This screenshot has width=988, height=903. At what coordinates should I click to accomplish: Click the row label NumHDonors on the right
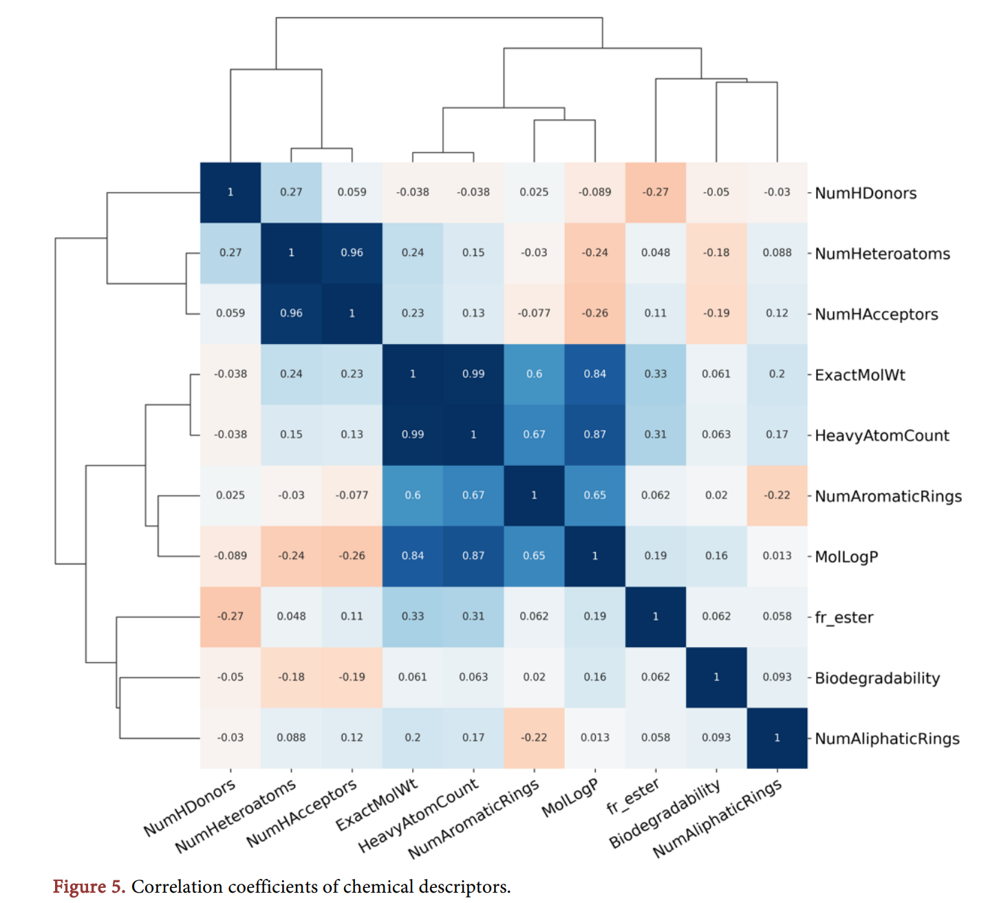click(865, 193)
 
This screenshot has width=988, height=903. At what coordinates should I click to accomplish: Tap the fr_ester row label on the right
click(844, 617)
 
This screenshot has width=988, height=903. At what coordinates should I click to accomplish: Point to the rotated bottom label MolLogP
click(570, 798)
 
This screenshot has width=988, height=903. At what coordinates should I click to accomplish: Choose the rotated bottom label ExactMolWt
click(377, 805)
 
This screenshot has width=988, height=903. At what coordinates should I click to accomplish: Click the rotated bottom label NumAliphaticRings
click(717, 819)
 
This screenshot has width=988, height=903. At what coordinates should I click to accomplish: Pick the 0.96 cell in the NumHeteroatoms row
click(352, 253)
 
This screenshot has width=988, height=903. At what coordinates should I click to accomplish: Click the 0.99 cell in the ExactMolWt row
click(473, 374)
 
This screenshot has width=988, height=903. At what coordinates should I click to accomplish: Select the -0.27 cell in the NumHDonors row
click(656, 192)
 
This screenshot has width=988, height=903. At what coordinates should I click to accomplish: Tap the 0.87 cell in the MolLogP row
click(473, 555)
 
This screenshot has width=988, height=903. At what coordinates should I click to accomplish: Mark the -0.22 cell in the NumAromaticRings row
click(777, 495)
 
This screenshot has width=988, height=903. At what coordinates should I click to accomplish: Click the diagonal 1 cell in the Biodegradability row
click(716, 677)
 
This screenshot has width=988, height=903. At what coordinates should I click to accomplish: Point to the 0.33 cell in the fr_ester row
click(413, 616)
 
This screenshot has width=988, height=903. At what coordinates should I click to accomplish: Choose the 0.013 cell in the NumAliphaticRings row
click(595, 737)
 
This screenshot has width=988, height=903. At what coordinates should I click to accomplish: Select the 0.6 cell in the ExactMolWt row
click(534, 374)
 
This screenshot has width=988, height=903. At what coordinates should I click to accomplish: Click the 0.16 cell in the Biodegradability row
click(595, 677)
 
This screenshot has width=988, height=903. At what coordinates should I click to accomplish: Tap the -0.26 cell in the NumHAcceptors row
click(595, 313)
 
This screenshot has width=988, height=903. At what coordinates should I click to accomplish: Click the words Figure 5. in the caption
click(89, 886)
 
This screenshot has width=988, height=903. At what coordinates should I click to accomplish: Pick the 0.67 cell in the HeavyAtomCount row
click(534, 434)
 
